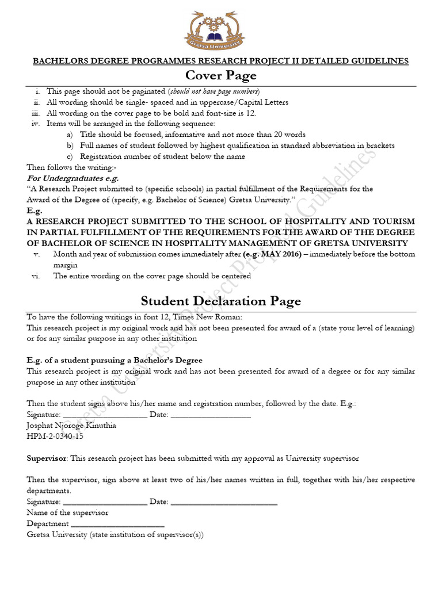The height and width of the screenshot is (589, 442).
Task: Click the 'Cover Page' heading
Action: pos(220,75)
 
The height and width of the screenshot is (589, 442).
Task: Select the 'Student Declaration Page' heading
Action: pos(220,301)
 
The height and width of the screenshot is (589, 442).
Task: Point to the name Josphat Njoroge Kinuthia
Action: pos(71,426)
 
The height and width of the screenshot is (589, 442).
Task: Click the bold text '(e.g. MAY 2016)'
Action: pos(272,254)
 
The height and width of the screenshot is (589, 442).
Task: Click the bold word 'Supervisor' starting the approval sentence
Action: pos(47,458)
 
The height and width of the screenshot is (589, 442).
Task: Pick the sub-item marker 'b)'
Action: pos(70,146)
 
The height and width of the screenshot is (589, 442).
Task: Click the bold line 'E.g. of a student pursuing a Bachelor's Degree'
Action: pos(115,360)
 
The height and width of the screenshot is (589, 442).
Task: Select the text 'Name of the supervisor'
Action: pos(67,512)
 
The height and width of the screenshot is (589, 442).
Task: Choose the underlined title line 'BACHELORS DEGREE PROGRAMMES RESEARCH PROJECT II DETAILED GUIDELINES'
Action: pos(220,60)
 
